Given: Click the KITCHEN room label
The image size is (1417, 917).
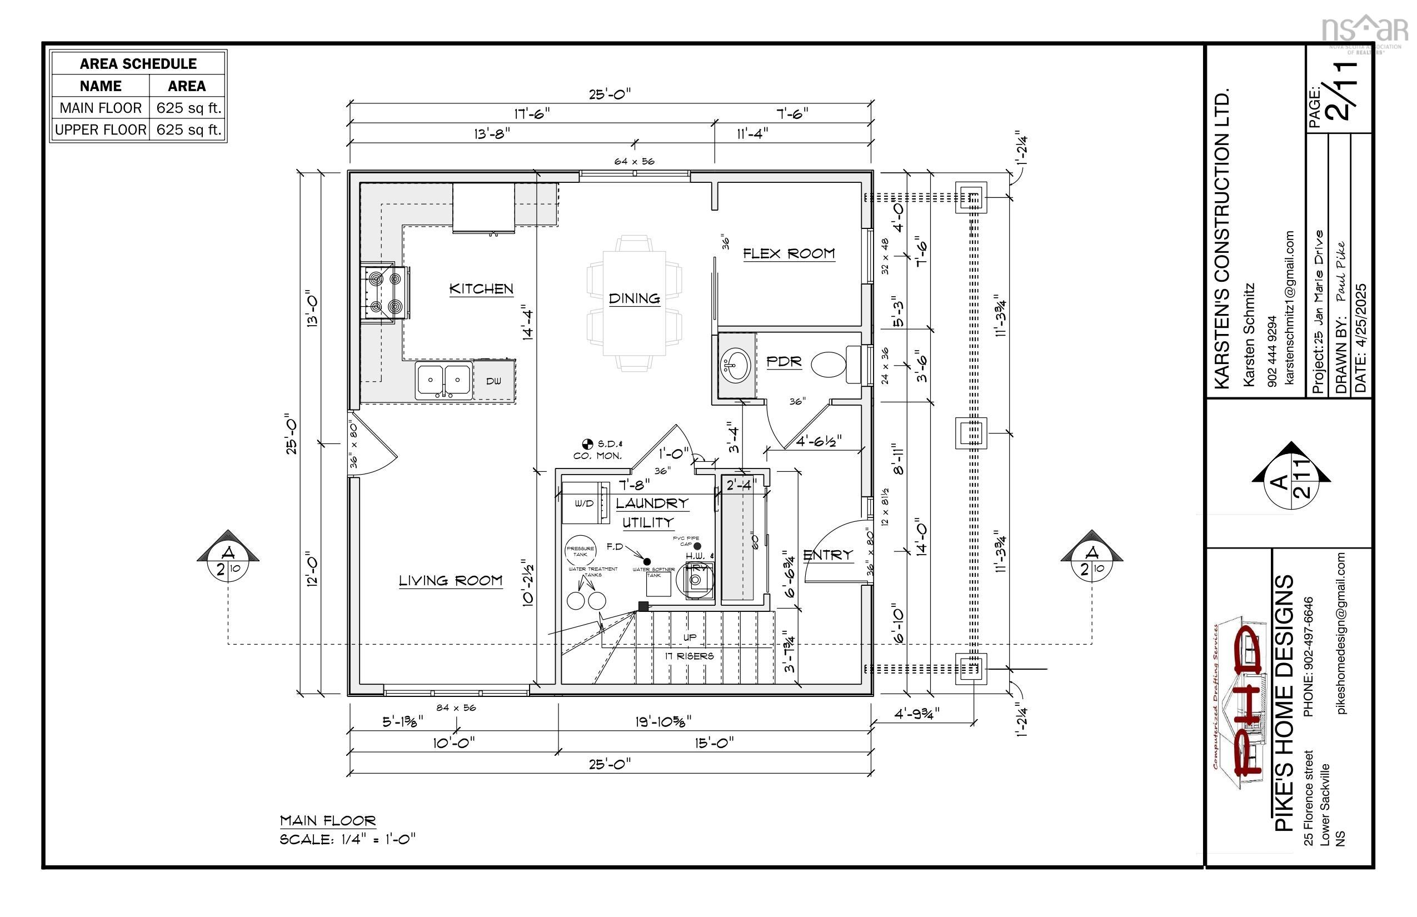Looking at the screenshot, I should click(481, 289).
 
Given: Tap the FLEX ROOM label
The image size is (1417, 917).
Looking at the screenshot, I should click(789, 253).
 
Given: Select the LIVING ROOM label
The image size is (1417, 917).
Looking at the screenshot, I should click(450, 581).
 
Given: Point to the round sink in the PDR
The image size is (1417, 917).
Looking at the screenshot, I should click(736, 365).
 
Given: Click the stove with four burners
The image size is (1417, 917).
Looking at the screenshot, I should click(385, 293).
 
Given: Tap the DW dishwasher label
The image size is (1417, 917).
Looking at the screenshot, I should click(493, 381).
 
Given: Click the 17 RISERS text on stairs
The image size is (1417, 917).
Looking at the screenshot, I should click(690, 656).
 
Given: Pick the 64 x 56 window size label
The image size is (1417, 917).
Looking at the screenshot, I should click(635, 161).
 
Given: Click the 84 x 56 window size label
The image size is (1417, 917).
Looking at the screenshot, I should click(456, 707).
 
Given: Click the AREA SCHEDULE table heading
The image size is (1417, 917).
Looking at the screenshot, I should click(138, 64).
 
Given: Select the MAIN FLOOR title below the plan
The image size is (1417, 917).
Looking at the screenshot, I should click(328, 820).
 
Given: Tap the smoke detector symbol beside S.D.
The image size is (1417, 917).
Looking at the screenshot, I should click(587, 443).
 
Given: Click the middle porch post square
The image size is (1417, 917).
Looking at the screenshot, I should click(971, 433).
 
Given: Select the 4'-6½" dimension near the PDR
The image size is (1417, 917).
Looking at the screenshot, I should click(819, 441).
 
